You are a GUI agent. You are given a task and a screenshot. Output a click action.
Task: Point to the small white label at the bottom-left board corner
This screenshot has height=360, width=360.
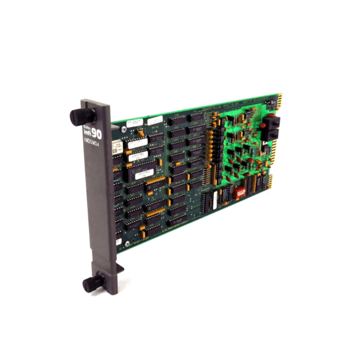(x=119, y=242)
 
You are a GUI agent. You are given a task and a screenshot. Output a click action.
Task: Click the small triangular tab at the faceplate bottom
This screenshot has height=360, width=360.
(x=119, y=269)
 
